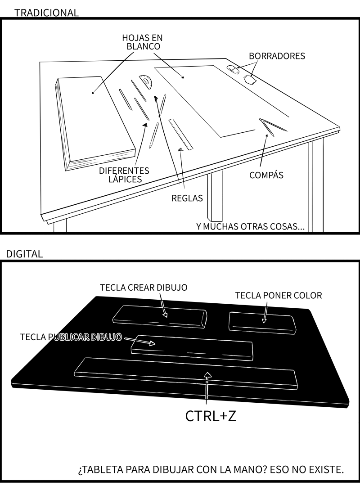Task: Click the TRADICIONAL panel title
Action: point(46,13)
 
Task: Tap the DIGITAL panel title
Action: point(24,254)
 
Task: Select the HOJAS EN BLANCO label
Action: point(142,42)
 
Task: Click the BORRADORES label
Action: point(277,56)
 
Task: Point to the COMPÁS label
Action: point(266,175)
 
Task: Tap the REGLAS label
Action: point(187,198)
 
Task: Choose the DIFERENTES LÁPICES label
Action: point(124,175)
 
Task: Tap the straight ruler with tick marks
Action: point(181,134)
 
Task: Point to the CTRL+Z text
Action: point(211,416)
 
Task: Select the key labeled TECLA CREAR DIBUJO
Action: point(160,316)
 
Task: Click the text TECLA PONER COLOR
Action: point(279,296)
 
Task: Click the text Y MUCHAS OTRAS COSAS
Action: point(250,226)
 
